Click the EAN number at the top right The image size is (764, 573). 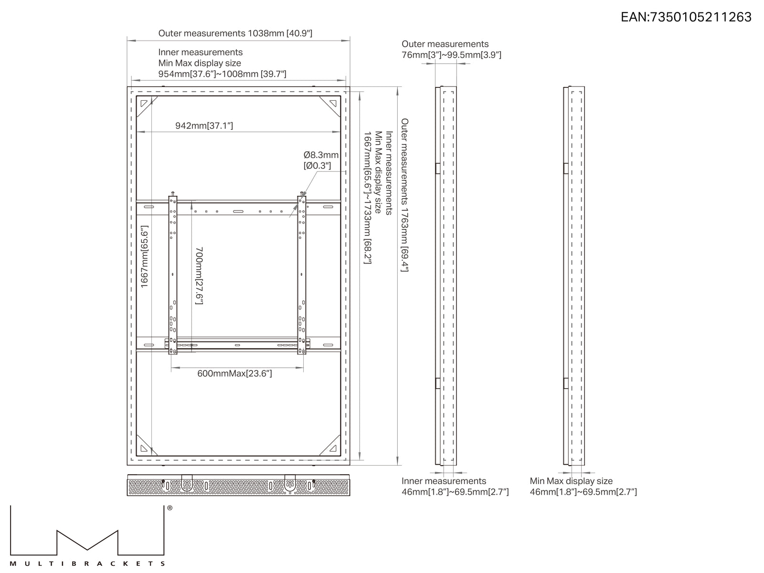pos(686,17)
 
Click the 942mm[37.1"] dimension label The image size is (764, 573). pos(204,126)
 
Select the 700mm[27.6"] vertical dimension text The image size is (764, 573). pos(199,276)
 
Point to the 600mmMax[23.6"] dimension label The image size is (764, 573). pos(234,374)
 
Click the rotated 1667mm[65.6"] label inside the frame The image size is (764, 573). pos(145,257)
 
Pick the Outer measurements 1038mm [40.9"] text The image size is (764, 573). pos(235,33)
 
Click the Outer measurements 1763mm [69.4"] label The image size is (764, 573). pos(404,195)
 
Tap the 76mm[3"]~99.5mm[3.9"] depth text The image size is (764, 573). pos(451,55)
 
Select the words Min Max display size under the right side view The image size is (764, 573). pos(571,481)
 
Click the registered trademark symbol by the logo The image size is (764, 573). pos(170,508)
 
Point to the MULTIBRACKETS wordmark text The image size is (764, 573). pos(87,563)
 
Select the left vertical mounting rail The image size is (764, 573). pos(173,275)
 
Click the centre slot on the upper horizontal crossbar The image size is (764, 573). pos(238,211)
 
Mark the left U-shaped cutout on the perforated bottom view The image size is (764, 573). pos(187,483)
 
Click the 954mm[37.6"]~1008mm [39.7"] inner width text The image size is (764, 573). pos(222,74)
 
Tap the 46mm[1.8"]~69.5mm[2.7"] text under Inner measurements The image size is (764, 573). pos(455,492)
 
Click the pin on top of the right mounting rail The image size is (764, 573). pos(301,194)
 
